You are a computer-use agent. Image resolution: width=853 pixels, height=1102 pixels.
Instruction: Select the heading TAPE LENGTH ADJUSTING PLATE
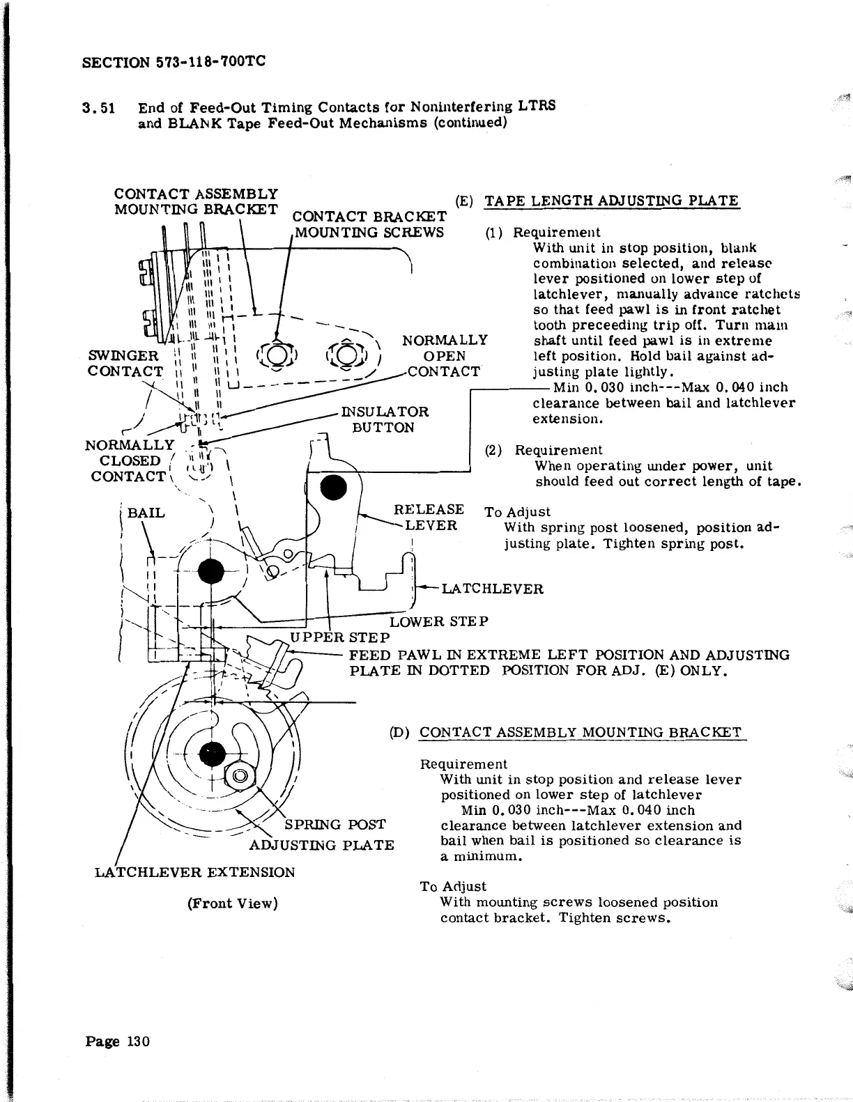(x=611, y=201)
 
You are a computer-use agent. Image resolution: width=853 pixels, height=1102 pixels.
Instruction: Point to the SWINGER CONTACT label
(x=125, y=364)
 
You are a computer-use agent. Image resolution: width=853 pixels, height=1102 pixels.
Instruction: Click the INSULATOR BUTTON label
(x=385, y=419)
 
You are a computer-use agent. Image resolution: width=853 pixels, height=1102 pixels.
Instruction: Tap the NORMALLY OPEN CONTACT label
(x=444, y=356)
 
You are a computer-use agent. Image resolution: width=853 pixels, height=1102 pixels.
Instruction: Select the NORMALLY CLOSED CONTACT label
(x=128, y=460)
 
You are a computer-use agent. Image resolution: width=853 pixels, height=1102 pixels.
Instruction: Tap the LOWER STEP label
(x=438, y=621)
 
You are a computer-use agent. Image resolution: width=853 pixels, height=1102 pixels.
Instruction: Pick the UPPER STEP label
(x=339, y=637)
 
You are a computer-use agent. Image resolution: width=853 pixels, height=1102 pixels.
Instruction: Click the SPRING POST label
(x=335, y=825)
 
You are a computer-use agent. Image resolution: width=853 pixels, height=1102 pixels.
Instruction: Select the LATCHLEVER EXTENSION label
(x=195, y=872)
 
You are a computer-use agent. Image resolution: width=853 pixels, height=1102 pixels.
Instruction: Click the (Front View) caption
(x=232, y=903)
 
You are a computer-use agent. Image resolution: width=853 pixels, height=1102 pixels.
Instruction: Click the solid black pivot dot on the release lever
(x=333, y=487)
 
